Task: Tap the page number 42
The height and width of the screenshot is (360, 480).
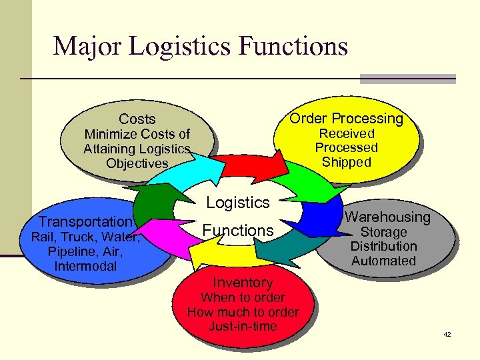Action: click(x=447, y=334)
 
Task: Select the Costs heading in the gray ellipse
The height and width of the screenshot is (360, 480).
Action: click(x=137, y=119)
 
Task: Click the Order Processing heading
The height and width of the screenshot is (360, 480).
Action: click(x=346, y=119)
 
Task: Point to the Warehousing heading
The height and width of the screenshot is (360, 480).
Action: click(x=387, y=217)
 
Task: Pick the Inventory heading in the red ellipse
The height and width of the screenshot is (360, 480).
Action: click(x=243, y=283)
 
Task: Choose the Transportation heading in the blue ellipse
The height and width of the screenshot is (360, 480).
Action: click(x=85, y=222)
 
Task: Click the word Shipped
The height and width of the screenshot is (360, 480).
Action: click(x=346, y=162)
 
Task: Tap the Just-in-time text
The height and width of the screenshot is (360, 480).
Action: click(x=243, y=327)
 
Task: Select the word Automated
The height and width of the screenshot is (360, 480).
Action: click(x=383, y=261)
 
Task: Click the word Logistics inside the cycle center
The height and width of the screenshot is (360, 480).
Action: click(x=238, y=203)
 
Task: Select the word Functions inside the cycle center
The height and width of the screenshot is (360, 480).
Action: click(x=238, y=231)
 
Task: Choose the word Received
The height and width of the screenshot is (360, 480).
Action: click(x=346, y=133)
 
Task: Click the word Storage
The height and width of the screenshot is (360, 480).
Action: click(x=383, y=232)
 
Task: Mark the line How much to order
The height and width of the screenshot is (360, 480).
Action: click(x=243, y=312)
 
